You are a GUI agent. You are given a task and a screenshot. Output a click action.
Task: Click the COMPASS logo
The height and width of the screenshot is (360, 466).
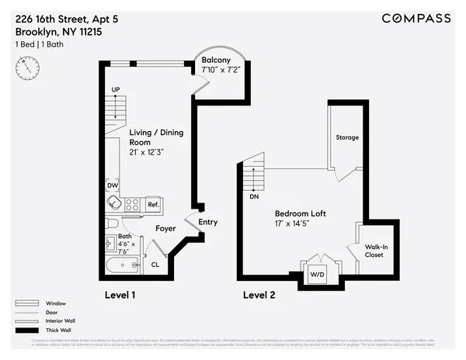coord(416,19)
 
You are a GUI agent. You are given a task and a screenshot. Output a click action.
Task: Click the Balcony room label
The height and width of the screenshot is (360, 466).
coord(215,60)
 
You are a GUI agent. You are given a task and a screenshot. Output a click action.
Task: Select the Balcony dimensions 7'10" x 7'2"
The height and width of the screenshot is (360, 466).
coord(217,71)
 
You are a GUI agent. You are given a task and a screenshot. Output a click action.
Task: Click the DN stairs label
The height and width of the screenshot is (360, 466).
coord(254,197)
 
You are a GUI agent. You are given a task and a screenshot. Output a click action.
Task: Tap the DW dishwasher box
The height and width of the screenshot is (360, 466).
coord(113,185)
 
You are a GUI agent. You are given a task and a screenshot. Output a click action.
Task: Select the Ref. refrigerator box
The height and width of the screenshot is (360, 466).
coord(153,204)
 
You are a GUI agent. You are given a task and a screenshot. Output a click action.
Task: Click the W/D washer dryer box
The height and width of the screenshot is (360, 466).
coord(318,274)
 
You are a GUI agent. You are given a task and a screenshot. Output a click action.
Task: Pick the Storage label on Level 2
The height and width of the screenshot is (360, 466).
coord(347,137)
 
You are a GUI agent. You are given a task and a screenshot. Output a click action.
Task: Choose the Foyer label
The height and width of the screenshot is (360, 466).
coord(165,229)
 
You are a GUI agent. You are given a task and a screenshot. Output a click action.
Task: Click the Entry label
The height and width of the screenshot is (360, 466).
coord(208,223)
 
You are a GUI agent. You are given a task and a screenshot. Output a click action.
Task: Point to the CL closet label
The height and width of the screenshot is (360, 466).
coord(155,265)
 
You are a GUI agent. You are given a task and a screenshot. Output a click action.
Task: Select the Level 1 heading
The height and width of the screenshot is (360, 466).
coord(120,295)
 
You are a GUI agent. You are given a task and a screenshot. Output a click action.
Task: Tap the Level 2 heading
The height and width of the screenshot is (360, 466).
coord(259,295)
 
